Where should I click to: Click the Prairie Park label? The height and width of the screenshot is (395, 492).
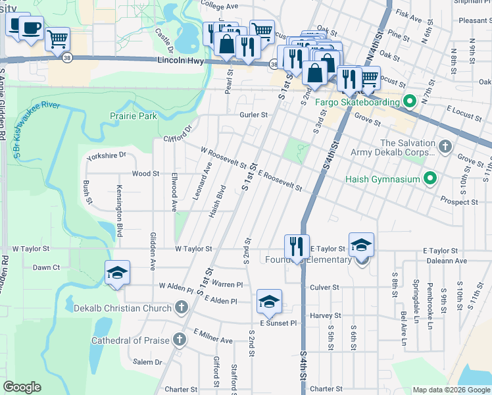[x=134, y=116]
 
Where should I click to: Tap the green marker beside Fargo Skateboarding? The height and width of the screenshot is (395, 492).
[x=409, y=102]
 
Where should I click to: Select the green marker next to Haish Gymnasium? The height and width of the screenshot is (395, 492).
[x=430, y=178]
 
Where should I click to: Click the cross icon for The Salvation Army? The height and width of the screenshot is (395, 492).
[x=445, y=146]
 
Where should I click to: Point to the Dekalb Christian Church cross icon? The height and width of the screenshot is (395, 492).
[x=181, y=307]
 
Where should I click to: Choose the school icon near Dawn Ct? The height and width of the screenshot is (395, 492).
[x=117, y=273]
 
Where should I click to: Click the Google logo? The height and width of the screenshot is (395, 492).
[x=22, y=387]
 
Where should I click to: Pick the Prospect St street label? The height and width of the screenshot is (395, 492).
[x=459, y=201]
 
